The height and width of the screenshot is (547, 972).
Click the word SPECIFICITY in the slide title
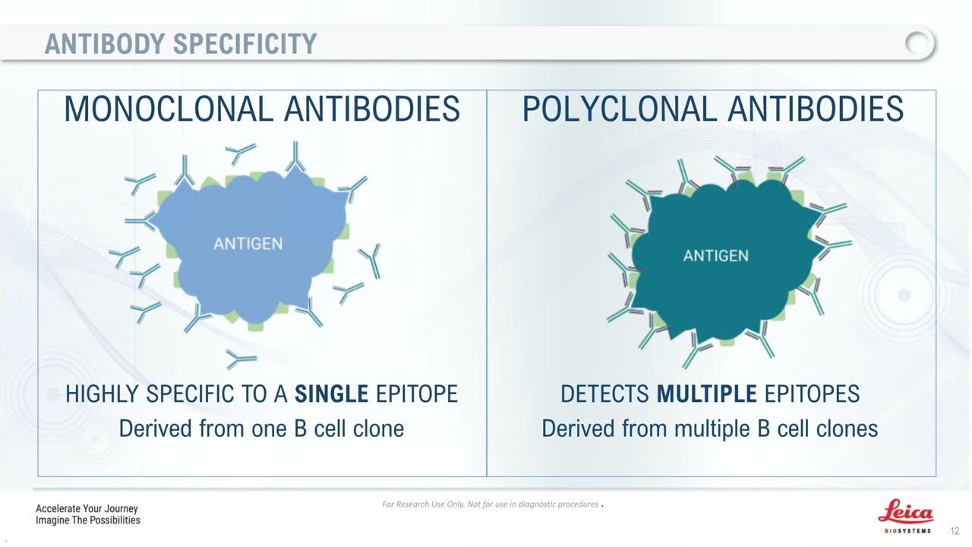(245, 44)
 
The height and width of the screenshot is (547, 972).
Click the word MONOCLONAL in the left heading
(169, 109)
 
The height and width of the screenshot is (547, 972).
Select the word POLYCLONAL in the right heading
(620, 109)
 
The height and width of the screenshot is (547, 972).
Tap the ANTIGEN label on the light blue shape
(248, 244)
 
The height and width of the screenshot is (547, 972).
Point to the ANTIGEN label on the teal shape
(716, 256)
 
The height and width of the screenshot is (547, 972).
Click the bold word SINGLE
(332, 394)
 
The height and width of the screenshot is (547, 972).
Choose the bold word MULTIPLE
(707, 394)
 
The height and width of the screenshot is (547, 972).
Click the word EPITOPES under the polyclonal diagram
(812, 394)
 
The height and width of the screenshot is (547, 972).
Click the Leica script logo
(906, 512)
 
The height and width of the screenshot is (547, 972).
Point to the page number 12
(955, 531)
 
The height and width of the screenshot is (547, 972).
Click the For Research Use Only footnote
(491, 504)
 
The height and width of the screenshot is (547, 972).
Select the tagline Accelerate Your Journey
(87, 508)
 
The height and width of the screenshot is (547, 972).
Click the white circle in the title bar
(920, 43)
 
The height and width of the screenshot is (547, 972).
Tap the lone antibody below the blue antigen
(241, 359)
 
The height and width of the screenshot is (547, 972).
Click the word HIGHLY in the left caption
(102, 394)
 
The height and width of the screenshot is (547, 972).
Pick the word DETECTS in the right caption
(604, 394)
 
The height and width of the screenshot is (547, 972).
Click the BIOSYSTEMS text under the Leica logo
(907, 531)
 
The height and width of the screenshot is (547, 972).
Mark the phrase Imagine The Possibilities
(87, 520)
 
